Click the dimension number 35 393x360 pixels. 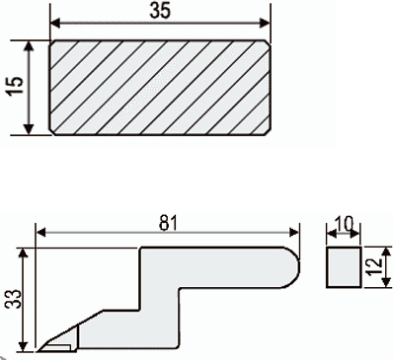pos(160,11)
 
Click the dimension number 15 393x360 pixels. pos(16,86)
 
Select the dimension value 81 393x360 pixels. pos(169,223)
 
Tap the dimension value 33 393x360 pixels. pos(14,299)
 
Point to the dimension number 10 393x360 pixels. pos(344,224)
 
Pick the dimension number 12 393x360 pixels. pos(375,267)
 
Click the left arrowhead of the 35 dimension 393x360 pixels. pos(56,24)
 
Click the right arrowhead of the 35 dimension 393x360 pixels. pos(264,24)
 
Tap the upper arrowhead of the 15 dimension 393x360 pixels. pos(30,46)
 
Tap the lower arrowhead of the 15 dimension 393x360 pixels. pos(30,129)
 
